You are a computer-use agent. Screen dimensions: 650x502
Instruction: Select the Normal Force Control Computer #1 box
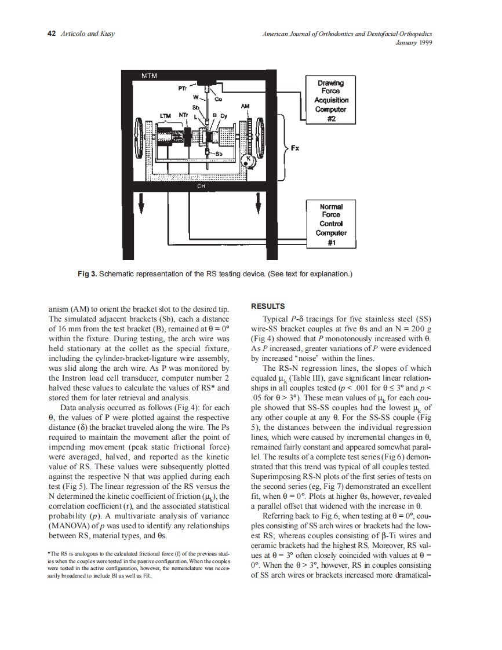[330, 224]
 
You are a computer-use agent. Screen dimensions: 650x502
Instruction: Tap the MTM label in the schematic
[150, 76]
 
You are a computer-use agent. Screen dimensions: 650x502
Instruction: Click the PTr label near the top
[181, 89]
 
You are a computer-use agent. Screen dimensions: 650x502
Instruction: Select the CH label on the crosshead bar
[201, 187]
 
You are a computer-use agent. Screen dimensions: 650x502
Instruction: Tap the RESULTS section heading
[267, 306]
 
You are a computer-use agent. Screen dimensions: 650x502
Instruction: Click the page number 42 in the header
[50, 33]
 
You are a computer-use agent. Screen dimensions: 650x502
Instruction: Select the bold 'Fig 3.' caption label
[88, 273]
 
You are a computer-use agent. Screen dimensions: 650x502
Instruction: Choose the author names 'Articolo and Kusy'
[88, 33]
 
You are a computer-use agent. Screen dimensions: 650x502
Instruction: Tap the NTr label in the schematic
[184, 115]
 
